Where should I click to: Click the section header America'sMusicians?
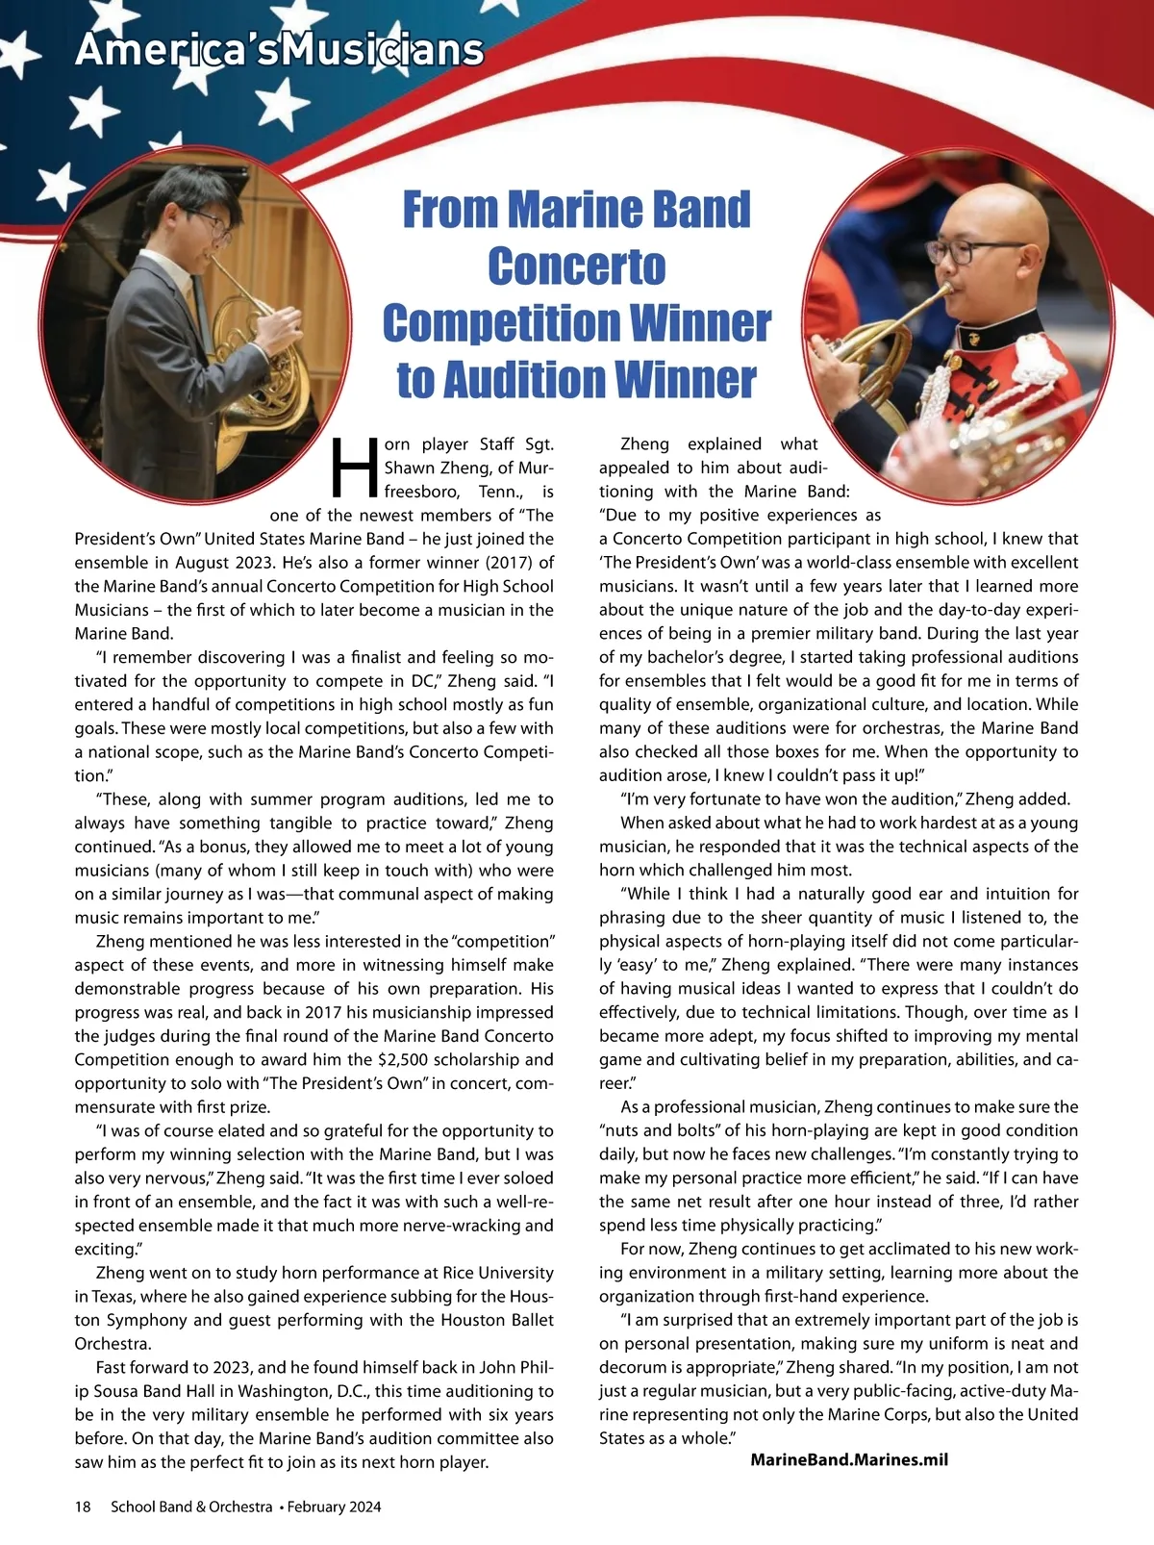pos(279,50)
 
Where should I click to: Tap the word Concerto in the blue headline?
pos(576,266)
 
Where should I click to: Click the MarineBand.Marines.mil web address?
pos(849,1459)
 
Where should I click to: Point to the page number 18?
pos(83,1507)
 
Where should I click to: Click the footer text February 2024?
pos(334,1507)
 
